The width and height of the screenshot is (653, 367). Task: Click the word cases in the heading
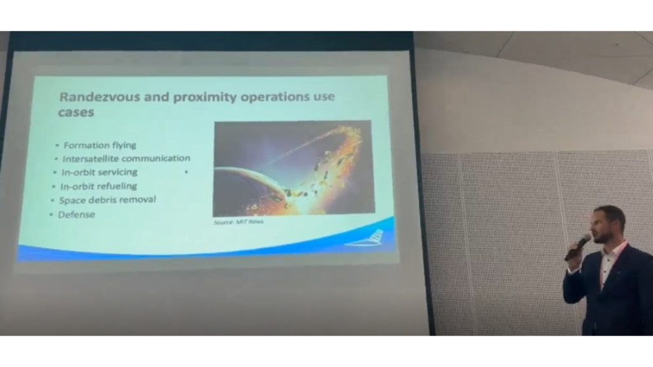(x=76, y=112)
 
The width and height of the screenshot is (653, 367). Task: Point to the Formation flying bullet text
(x=100, y=145)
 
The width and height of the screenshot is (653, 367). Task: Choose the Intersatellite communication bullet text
(x=126, y=159)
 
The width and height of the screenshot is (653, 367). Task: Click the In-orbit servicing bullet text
(x=99, y=172)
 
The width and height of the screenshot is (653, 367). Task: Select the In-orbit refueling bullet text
(x=99, y=186)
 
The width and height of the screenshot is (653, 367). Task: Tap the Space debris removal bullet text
(x=107, y=199)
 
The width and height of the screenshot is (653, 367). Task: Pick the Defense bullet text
(x=77, y=215)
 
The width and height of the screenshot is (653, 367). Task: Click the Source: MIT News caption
(x=238, y=222)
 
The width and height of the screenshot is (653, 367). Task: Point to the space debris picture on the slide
(x=293, y=168)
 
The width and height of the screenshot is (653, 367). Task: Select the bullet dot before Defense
(x=51, y=215)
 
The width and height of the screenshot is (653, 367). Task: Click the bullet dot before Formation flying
(x=57, y=145)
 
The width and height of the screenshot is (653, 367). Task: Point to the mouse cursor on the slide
(x=186, y=171)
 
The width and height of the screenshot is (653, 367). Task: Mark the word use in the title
(x=323, y=97)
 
